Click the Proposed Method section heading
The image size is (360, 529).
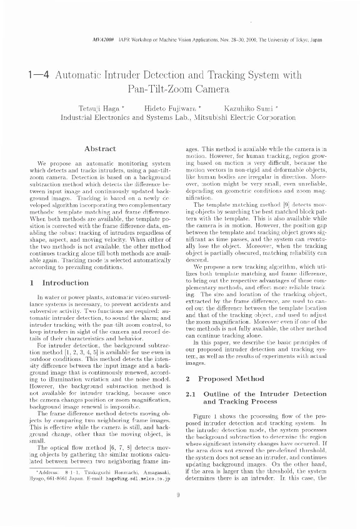point(220,362)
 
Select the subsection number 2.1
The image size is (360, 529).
point(194,377)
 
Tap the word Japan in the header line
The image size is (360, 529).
point(316,39)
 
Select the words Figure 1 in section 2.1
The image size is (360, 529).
point(205,398)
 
